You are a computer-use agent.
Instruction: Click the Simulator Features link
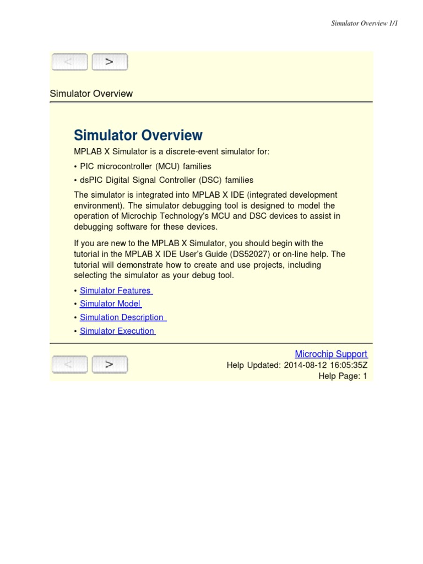click(116, 290)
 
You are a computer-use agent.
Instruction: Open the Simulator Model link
click(110, 303)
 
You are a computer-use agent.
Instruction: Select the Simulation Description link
click(122, 317)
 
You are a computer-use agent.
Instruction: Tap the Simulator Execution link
click(117, 331)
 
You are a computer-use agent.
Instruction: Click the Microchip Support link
click(331, 354)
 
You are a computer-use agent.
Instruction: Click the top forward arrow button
click(110, 62)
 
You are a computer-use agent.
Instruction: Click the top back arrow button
click(69, 62)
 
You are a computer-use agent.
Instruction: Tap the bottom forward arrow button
click(110, 365)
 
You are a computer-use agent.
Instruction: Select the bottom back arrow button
click(69, 365)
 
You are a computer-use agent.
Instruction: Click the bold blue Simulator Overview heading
click(138, 135)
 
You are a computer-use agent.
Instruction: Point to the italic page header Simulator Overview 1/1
click(364, 23)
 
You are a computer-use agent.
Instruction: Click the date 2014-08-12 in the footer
click(305, 365)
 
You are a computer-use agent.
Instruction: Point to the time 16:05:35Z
click(348, 365)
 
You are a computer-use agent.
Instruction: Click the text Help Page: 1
click(343, 376)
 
